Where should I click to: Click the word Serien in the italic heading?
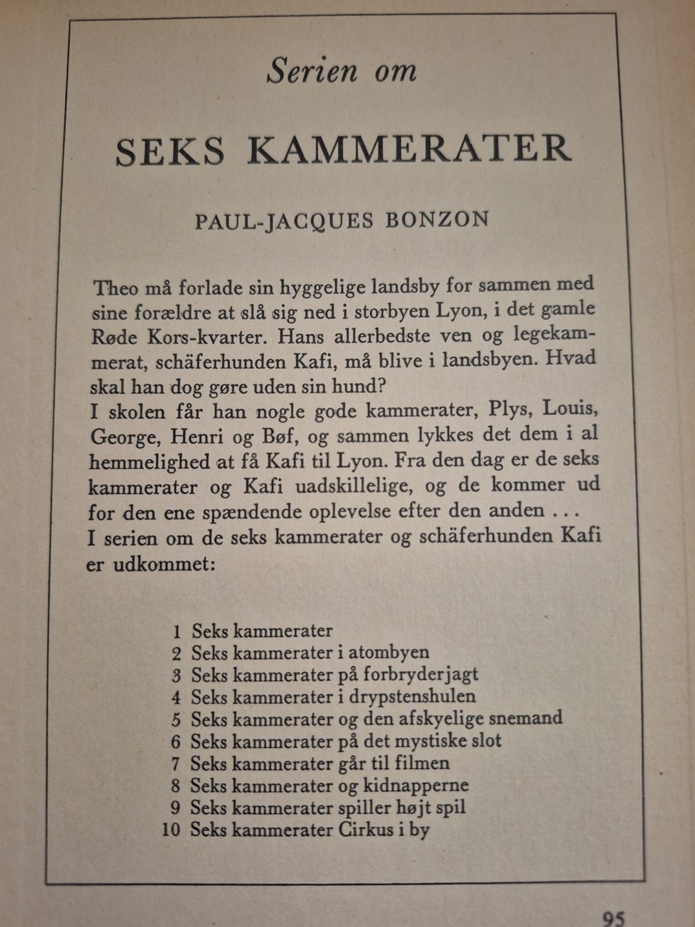click(x=312, y=71)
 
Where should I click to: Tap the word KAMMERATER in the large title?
click(x=410, y=148)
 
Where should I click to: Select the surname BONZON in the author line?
click(x=437, y=219)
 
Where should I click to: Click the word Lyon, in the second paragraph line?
click(x=460, y=311)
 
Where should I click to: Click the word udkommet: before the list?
click(x=164, y=564)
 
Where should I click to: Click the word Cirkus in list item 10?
click(x=364, y=829)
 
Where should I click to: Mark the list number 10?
click(x=171, y=829)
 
